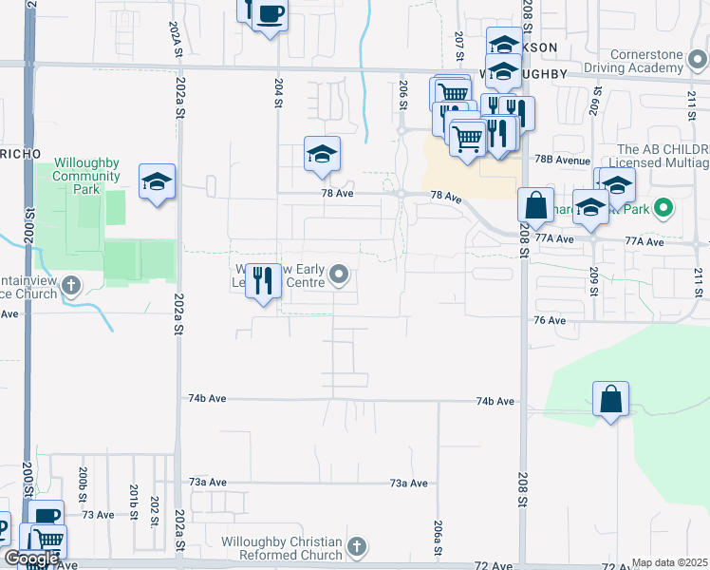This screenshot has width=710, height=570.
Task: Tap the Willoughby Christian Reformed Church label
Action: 281,548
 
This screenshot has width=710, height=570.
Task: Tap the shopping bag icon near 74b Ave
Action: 611,399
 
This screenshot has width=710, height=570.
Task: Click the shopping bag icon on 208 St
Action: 535,205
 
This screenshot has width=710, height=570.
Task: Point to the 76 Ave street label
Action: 550,321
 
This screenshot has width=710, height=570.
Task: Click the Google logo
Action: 30,560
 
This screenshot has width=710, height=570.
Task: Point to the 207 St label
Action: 458,43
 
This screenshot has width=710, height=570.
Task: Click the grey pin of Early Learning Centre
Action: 340,277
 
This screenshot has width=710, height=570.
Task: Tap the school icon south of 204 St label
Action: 322,154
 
